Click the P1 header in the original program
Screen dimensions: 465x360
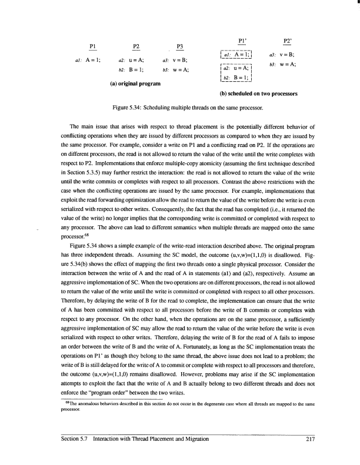92,46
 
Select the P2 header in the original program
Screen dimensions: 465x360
136,46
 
